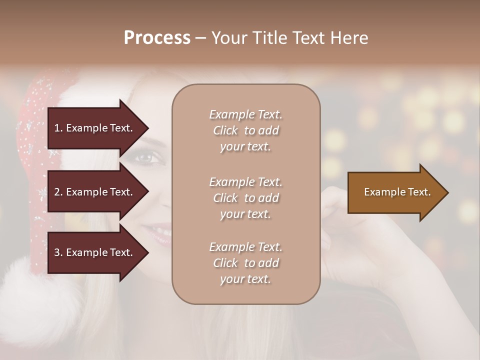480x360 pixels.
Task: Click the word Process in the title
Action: pyautogui.click(x=157, y=38)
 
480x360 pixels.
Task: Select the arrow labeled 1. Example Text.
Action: pyautogui.click(x=95, y=128)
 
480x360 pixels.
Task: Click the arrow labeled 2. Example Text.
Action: pyautogui.click(x=95, y=192)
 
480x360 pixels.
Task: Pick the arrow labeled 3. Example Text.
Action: pyautogui.click(x=95, y=252)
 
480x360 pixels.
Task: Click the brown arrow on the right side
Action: pyautogui.click(x=395, y=192)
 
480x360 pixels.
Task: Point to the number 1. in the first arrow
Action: pyautogui.click(x=58, y=128)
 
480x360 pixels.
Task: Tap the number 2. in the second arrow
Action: pyautogui.click(x=58, y=192)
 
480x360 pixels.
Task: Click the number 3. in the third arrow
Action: pyautogui.click(x=58, y=252)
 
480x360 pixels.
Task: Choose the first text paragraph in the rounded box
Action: pyautogui.click(x=245, y=130)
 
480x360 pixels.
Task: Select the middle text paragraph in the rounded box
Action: pyautogui.click(x=245, y=198)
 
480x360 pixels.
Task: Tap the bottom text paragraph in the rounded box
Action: pyautogui.click(x=245, y=263)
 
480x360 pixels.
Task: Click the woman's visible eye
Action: pyautogui.click(x=145, y=157)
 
